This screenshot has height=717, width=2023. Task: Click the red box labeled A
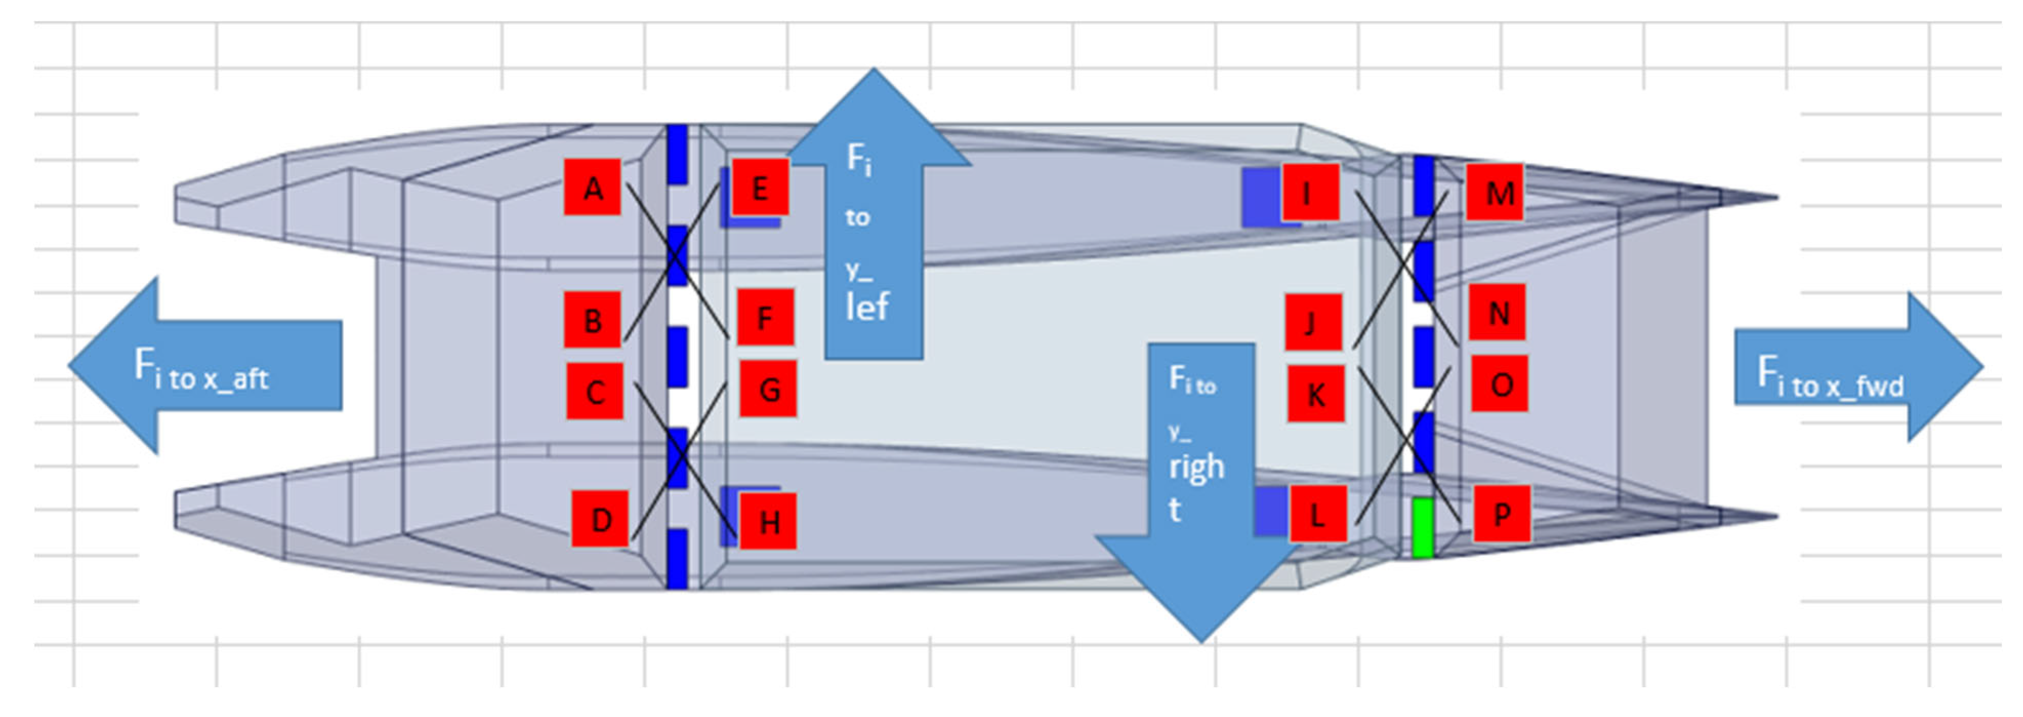coord(593,187)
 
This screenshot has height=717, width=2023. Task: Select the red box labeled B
coord(593,320)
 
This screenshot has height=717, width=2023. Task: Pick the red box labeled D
coord(600,518)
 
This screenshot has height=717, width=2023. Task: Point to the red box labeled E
coord(759,187)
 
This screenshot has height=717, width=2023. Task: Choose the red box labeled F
coord(765,317)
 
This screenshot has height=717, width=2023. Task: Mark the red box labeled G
coord(769,388)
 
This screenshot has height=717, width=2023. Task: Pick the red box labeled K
coord(1316,393)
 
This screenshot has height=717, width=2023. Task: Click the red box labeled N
coord(1497,312)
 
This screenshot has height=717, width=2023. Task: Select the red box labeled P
coord(1501,514)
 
